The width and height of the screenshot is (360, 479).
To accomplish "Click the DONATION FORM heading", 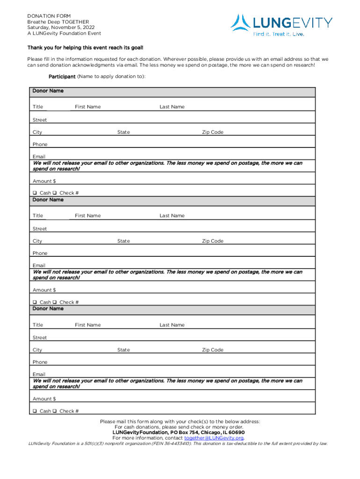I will (49, 16).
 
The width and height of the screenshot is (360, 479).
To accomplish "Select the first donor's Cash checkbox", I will (35, 193).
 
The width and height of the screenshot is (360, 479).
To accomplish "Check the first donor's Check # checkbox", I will (55, 193).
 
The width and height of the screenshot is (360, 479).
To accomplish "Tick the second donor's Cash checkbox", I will (35, 302).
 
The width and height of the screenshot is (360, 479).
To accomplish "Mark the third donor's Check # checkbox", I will (55, 411).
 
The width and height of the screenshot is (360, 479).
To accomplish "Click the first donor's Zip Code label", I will (213, 132).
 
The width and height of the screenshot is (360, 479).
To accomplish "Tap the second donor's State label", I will (123, 241).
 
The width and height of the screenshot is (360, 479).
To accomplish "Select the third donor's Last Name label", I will (172, 325).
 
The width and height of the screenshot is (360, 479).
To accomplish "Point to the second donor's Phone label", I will (40, 254).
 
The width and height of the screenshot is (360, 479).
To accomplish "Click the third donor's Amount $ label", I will (44, 399).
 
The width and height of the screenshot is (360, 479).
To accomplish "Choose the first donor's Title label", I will (38, 107).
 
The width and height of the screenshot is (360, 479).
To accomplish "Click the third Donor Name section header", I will (48, 309).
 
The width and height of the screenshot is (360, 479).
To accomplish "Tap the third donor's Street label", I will (40, 338).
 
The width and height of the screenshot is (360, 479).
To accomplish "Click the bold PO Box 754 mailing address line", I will (179, 433).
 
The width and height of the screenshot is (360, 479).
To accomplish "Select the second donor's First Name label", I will (87, 216).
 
